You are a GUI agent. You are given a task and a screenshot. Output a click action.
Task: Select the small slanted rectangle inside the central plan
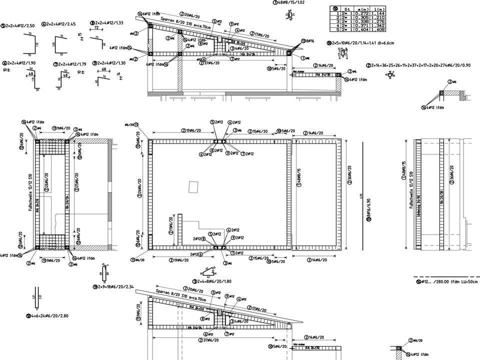194,186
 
